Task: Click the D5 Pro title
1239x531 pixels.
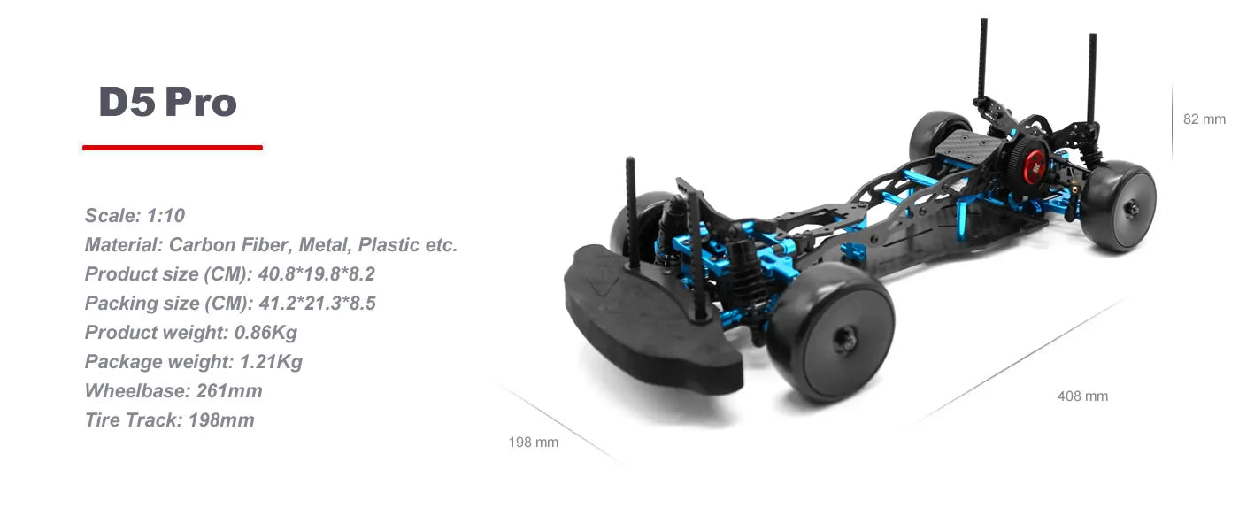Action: coord(167,103)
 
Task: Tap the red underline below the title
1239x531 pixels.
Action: coord(173,148)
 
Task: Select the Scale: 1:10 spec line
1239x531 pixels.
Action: coord(135,215)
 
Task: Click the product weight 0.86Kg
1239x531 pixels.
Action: coord(265,333)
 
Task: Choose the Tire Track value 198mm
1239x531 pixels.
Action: coord(221,420)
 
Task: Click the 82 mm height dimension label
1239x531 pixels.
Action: coord(1204,119)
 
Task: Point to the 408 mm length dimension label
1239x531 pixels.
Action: coord(1082,396)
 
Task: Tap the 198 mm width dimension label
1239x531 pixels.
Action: coord(534,442)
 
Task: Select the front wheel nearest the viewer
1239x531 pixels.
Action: coord(830,331)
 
